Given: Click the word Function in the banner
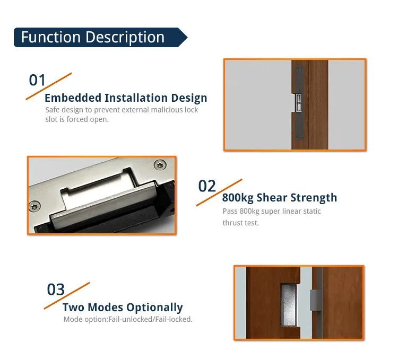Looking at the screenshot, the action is coord(51,37).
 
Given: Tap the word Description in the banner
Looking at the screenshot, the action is coord(125,38).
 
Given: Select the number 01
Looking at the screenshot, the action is coord(37,80).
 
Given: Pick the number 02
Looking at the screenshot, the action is coord(207,186).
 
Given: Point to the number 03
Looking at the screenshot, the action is coord(56,289).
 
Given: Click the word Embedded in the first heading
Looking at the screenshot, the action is coord(73,98).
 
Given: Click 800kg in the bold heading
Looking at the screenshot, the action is coord(238,198).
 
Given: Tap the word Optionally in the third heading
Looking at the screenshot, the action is coord(154,308).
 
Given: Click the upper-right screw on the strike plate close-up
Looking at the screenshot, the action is coord(160,165).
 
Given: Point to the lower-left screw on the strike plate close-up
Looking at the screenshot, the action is coord(35,206).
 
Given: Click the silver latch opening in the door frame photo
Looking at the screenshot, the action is coord(298,103).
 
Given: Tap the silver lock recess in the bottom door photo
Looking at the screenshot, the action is coord(288,305).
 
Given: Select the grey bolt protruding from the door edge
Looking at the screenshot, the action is coord(314,300).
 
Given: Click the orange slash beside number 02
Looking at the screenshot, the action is coord(219,192).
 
